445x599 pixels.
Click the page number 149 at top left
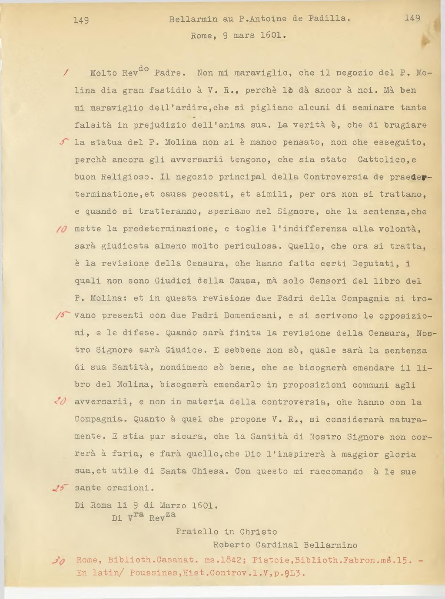[x=81, y=20]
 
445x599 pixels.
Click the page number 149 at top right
[x=412, y=18]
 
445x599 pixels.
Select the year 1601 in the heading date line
[x=272, y=36]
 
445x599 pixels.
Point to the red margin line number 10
[x=60, y=229]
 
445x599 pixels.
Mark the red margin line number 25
[x=60, y=488]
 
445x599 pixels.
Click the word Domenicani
[x=251, y=316]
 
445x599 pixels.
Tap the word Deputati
[x=373, y=264]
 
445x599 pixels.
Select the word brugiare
[x=405, y=125]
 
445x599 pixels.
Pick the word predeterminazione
[x=168, y=229]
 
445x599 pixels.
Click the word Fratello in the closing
[x=197, y=532]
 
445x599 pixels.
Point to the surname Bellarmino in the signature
[x=330, y=545]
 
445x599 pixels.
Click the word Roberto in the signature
[x=232, y=545]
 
